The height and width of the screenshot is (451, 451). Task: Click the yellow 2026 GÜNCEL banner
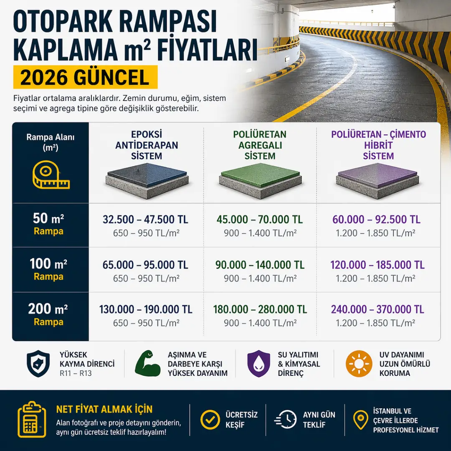coord(85,77)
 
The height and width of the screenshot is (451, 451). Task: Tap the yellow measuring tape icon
coord(50,175)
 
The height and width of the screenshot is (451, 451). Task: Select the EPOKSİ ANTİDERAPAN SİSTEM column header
coord(146,145)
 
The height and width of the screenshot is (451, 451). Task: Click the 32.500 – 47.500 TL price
coord(146,220)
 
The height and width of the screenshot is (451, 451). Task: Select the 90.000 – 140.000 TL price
coord(260,265)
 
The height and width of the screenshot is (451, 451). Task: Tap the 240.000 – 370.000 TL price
coord(378,309)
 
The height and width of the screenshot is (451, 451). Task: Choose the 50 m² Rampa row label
coord(49,224)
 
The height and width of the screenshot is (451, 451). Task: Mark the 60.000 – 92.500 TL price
coord(376,220)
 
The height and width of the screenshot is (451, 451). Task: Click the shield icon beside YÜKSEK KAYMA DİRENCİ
coord(38,364)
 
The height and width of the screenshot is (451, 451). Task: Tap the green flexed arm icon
coord(148,364)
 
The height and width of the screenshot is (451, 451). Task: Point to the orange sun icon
coord(359,364)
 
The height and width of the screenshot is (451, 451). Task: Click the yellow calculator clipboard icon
coord(32,420)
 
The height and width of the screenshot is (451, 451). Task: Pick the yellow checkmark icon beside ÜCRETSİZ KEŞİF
coord(210,420)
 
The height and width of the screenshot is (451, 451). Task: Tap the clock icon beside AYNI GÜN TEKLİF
coord(286,420)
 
